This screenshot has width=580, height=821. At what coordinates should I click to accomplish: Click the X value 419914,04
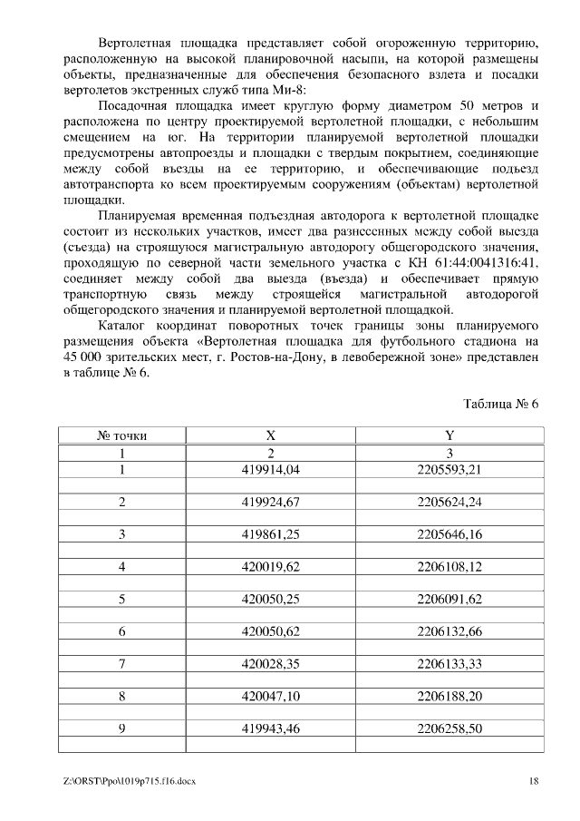tap(270, 469)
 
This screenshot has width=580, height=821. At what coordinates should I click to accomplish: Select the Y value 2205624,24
tap(449, 502)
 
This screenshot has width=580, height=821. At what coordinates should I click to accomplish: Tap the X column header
tap(270, 435)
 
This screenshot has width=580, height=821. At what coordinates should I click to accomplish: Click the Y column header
tap(449, 435)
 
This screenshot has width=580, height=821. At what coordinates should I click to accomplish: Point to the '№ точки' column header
tap(121, 435)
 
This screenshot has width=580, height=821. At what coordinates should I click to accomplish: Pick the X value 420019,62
tap(270, 567)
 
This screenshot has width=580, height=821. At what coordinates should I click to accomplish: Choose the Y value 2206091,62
tap(449, 599)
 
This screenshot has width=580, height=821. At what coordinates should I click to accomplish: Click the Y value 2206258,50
tap(449, 728)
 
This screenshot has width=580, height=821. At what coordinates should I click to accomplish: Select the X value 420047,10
tap(270, 696)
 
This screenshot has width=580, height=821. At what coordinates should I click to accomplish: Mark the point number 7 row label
tap(121, 664)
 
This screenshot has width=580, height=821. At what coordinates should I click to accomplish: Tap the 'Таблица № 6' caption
tap(501, 404)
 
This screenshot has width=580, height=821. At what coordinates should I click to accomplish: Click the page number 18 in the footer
tap(534, 780)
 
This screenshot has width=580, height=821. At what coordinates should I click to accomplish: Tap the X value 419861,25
tap(270, 534)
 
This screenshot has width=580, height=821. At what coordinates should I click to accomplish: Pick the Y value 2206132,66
tap(449, 631)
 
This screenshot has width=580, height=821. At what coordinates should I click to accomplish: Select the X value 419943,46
tap(270, 728)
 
